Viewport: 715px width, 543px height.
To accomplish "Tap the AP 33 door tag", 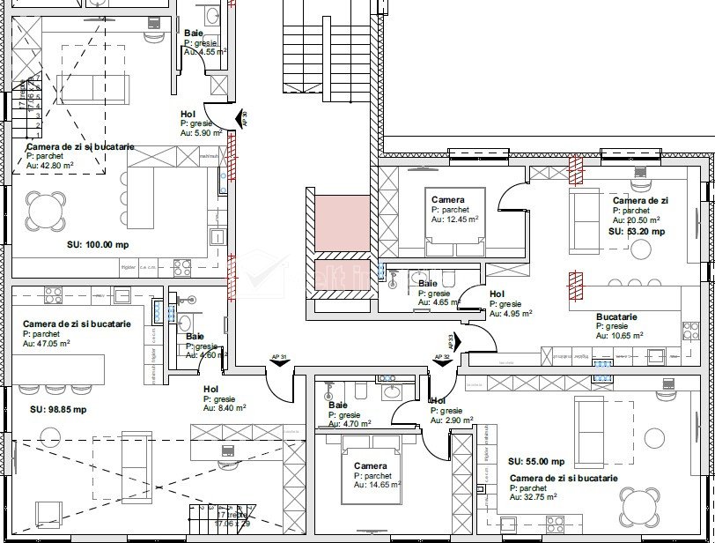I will click(451, 342).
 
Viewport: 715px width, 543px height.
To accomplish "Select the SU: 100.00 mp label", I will click(98, 244).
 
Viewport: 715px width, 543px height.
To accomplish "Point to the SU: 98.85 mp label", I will click(58, 409).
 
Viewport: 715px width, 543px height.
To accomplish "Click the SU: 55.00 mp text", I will click(536, 461).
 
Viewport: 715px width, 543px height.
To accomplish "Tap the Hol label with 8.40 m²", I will click(211, 389).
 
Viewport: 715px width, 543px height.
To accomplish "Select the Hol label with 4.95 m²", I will click(497, 294).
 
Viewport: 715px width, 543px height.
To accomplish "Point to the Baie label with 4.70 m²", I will click(337, 405).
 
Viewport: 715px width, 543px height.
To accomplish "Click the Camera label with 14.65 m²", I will click(370, 465).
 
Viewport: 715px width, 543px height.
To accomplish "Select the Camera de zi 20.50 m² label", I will click(640, 201).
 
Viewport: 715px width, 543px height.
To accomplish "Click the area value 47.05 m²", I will click(52, 344).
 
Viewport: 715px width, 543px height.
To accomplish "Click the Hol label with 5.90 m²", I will click(188, 114).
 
